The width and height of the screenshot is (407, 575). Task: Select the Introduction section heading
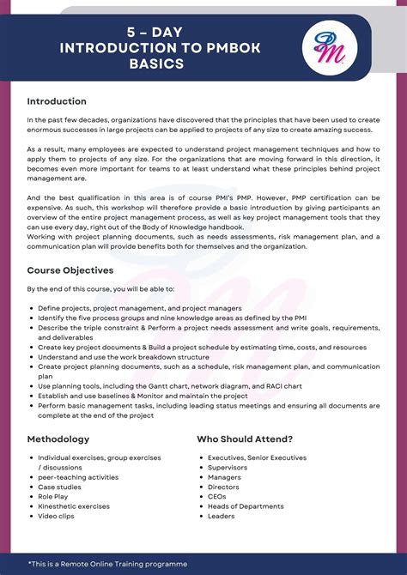pyautogui.click(x=57, y=101)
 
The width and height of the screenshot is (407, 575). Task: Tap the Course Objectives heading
pyautogui.click(x=70, y=270)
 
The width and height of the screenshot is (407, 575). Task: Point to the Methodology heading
pyautogui.click(x=58, y=439)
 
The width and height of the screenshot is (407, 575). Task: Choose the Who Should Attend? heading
pyautogui.click(x=245, y=439)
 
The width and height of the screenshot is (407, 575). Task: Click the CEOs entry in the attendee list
pyautogui.click(x=216, y=496)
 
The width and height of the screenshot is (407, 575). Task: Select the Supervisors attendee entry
pyautogui.click(x=228, y=467)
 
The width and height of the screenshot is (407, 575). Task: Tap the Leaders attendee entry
pyautogui.click(x=221, y=516)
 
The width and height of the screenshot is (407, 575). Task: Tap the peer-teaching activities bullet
pyautogui.click(x=78, y=477)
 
